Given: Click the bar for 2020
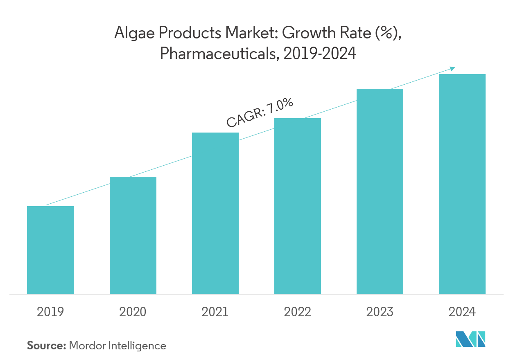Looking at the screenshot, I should [x=133, y=235].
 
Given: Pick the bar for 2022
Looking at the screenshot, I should [x=297, y=206].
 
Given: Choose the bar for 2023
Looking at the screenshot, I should [x=380, y=191].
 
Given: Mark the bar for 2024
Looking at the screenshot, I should [x=462, y=184].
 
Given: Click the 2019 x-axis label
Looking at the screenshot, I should [x=50, y=312].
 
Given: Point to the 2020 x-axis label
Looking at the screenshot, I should [x=133, y=312].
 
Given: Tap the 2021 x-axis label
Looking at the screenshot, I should [x=215, y=312].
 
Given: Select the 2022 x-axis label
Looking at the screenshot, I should [x=297, y=312].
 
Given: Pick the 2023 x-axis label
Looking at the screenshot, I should [x=380, y=312].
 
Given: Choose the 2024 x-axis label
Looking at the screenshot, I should [x=462, y=312].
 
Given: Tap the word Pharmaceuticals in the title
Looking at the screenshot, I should [x=217, y=53].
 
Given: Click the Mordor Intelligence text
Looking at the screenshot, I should [x=118, y=346].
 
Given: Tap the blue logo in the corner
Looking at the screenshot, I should [x=470, y=339].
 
